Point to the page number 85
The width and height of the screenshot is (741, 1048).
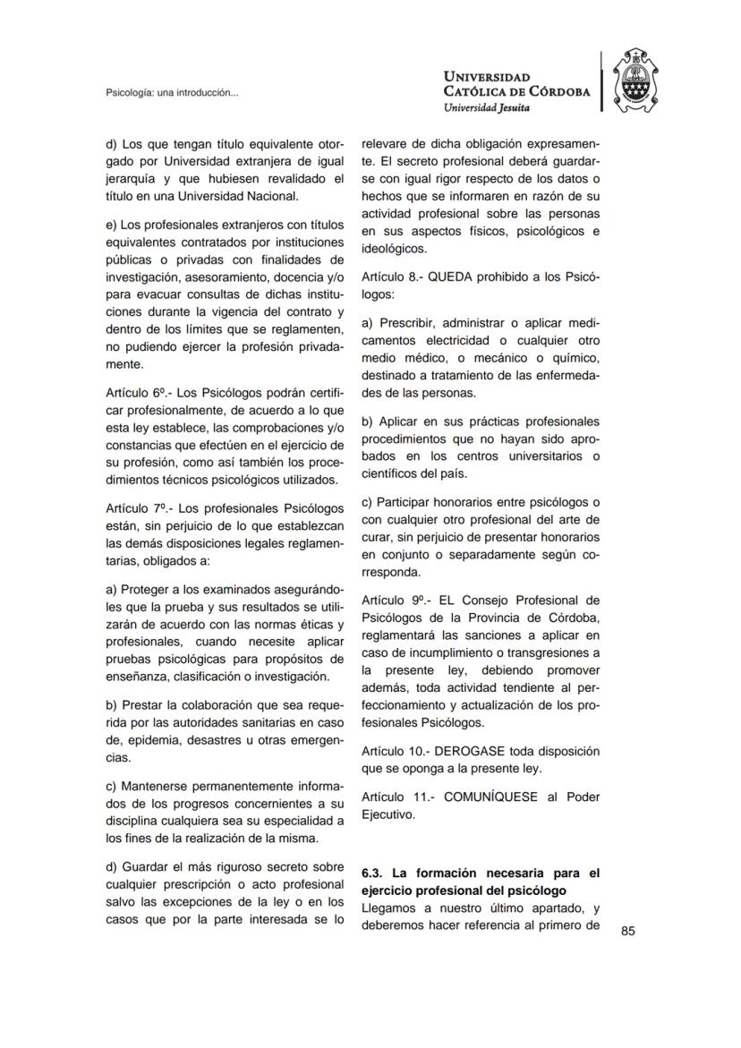coord(627,932)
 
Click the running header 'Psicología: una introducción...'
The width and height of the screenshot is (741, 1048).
coord(172,92)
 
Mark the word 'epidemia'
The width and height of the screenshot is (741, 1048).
coord(148,740)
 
